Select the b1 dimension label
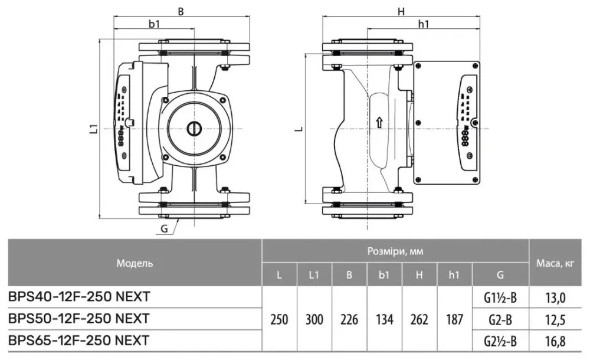tap(155, 24)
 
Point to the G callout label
tap(165, 228)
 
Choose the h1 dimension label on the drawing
tap(423, 24)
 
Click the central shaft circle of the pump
tap(193, 129)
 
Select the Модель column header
tap(135, 263)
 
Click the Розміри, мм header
tap(395, 251)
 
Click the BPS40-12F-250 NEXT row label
tap(79, 296)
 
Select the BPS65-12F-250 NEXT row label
tap(79, 341)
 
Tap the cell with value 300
tap(314, 319)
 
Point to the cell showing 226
tap(349, 319)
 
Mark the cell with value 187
tap(454, 319)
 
